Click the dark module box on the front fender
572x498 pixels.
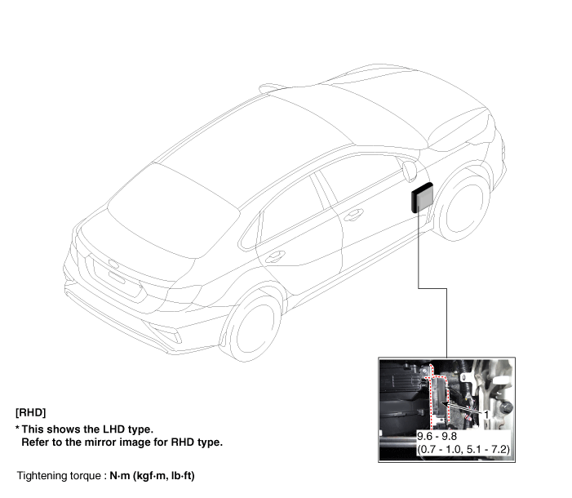pyautogui.click(x=423, y=198)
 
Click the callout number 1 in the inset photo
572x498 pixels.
pyautogui.click(x=486, y=415)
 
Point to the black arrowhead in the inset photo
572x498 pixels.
pyautogui.click(x=445, y=403)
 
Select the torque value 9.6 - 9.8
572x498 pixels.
pyautogui.click(x=437, y=436)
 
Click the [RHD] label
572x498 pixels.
pyautogui.click(x=31, y=412)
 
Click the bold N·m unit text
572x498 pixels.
pyautogui.click(x=120, y=476)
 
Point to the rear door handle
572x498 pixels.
pyautogui.click(x=275, y=256)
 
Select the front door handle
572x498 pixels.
pyautogui.click(x=353, y=215)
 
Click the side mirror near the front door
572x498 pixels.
pyautogui.click(x=410, y=171)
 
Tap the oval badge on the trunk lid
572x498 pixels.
pyautogui.click(x=113, y=264)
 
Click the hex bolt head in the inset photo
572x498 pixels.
pyautogui.click(x=506, y=407)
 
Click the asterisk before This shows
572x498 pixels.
pyautogui.click(x=17, y=428)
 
